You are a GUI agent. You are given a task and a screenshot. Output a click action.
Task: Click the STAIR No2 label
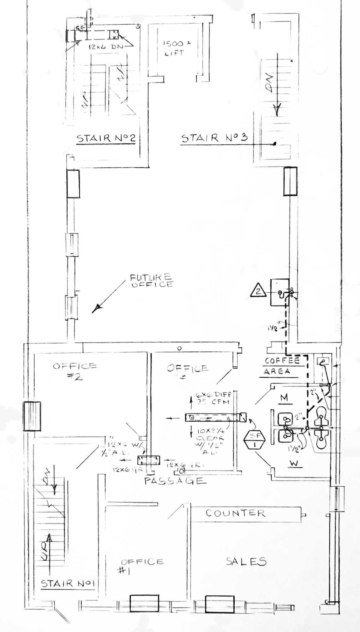point(106,138)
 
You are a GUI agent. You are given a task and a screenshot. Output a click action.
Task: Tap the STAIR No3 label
point(214,138)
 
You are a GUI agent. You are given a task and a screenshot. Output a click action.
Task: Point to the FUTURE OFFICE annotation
point(151,281)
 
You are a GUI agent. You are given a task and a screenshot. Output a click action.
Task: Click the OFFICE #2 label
point(75,371)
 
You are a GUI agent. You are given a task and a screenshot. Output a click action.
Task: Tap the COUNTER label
point(235,513)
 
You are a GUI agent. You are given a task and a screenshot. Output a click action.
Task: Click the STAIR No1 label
point(68,583)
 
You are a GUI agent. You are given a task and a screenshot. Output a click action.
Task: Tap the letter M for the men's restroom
point(284,398)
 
